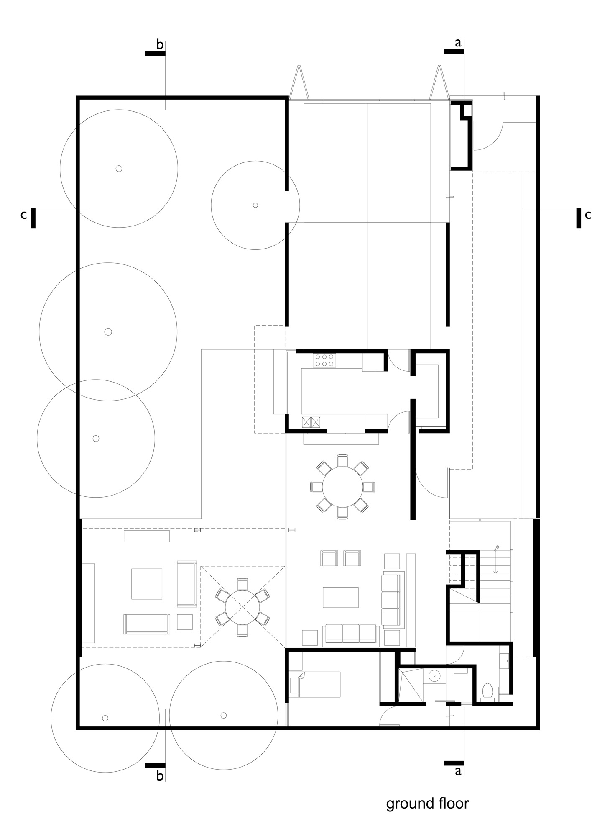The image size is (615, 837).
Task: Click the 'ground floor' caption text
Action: [427, 803]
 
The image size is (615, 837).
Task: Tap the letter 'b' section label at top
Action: [160, 44]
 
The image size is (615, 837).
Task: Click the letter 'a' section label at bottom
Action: [458, 770]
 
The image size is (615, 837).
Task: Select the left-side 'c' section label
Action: [24, 215]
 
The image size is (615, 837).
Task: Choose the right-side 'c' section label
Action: [588, 215]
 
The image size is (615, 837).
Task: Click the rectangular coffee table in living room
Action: [340, 597]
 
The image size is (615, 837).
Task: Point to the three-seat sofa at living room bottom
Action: [351, 633]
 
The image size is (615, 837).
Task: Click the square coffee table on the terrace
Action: [147, 584]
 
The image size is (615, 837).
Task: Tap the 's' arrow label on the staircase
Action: [497, 547]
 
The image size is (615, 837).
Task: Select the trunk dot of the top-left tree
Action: [119, 169]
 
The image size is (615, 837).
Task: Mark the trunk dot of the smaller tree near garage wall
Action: [255, 205]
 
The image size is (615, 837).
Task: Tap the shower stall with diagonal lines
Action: [411, 685]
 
